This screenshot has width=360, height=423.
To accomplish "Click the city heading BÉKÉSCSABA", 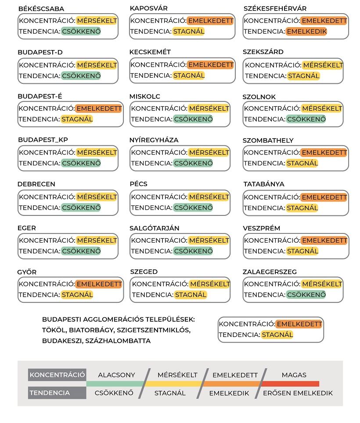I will (41, 9).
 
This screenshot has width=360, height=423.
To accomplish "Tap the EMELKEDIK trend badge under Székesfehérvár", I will (306, 32).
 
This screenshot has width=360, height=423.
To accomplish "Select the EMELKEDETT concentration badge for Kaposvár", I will (210, 21).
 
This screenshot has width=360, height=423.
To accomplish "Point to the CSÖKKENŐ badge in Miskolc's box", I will (193, 119).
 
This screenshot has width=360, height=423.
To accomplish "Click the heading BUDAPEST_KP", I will (43, 140).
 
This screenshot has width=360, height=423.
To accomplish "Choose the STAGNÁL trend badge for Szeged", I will (191, 295).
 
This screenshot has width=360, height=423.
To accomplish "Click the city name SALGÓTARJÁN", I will (155, 228).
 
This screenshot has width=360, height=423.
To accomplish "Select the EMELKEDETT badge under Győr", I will (98, 284).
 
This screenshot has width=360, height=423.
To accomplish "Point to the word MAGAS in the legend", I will (294, 375).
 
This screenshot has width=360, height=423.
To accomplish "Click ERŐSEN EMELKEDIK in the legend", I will (298, 393).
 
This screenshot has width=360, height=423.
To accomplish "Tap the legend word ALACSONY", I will (116, 375).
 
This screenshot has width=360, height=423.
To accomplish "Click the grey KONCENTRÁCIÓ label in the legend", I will (57, 375).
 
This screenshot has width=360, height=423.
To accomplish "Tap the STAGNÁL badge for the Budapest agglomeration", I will (277, 335).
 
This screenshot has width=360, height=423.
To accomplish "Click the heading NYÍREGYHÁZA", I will (154, 140).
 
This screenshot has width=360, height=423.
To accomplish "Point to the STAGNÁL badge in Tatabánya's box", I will (302, 208).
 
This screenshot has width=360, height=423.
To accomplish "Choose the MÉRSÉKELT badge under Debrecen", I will (97, 197).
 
